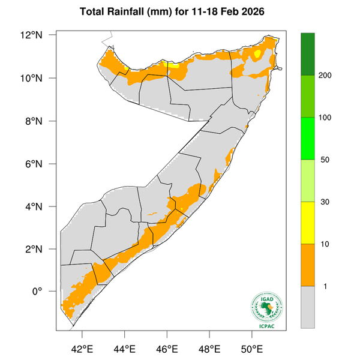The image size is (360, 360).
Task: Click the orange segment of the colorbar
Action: click(x=308, y=265)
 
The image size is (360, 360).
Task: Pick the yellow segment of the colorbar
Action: click(x=308, y=223)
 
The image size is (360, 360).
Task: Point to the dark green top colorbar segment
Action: click(x=308, y=54)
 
